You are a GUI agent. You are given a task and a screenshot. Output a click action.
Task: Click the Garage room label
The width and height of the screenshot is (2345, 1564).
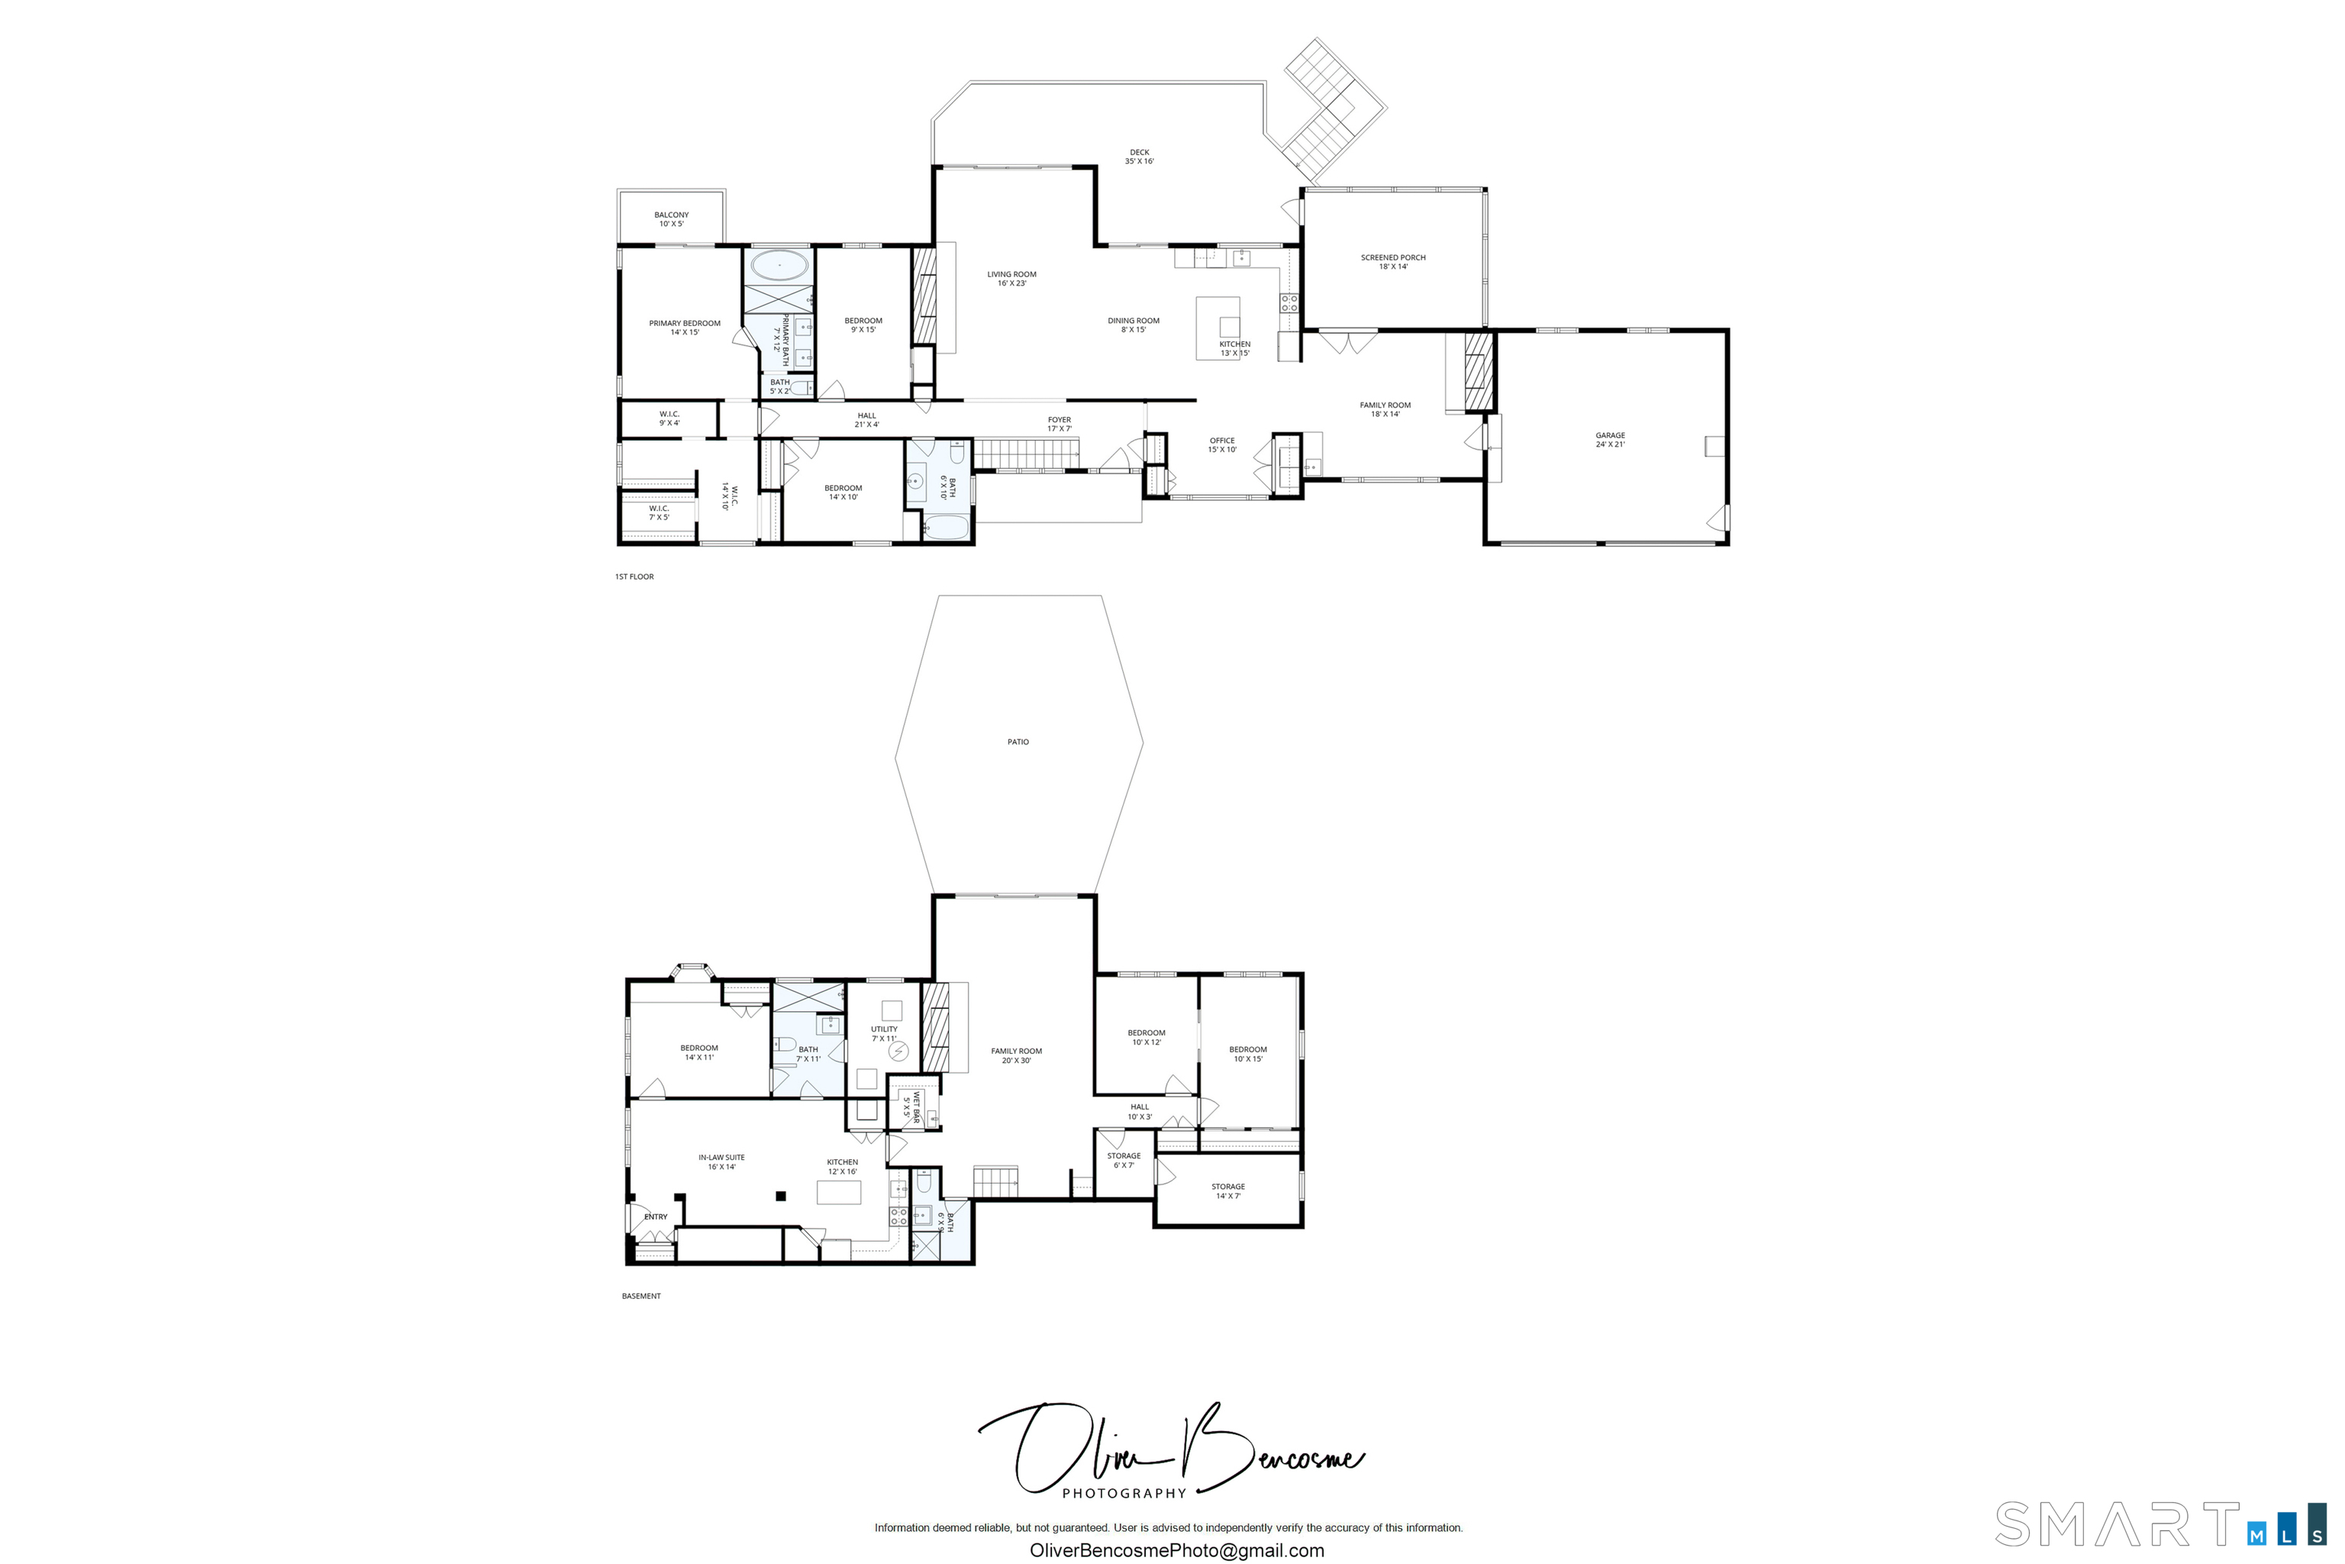1610,440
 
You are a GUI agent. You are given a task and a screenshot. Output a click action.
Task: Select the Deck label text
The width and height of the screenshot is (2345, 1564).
1140,157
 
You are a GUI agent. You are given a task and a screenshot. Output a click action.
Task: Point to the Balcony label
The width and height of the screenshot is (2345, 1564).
671,219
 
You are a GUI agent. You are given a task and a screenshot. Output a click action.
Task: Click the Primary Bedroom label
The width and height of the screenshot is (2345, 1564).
685,327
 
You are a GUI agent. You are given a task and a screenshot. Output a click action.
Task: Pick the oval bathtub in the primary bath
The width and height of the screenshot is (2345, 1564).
779,265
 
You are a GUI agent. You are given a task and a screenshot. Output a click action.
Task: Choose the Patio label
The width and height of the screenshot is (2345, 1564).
1018,742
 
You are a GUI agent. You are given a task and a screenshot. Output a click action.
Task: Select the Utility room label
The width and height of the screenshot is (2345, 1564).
885,1033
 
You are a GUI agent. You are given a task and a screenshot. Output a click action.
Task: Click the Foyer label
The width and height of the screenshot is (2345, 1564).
1060,424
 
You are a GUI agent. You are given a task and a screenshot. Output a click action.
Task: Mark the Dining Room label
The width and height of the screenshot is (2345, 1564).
1134,325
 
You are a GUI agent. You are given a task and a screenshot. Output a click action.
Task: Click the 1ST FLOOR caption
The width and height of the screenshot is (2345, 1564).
634,577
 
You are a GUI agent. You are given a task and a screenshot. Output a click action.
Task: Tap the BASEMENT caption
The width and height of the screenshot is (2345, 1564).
641,1296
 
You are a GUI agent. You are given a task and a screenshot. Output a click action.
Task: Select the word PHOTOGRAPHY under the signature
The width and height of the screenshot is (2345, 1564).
1124,1493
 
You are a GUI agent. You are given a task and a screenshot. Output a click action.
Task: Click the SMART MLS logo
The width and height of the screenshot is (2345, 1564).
2163,1524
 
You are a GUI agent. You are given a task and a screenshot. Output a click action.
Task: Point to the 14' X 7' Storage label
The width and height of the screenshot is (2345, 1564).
1228,1191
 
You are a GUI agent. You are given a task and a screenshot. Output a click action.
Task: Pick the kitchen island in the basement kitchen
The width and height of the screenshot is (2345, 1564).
838,1192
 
